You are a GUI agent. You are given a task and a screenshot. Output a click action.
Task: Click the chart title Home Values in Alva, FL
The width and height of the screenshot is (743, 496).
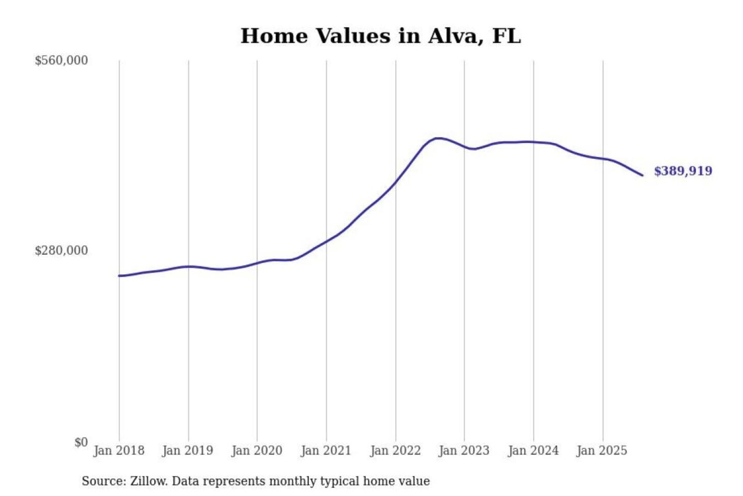(381, 36)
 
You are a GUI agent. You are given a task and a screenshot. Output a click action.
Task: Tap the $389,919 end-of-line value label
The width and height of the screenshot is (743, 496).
(683, 171)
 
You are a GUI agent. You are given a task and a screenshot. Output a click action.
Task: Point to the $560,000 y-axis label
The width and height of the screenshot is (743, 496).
(61, 60)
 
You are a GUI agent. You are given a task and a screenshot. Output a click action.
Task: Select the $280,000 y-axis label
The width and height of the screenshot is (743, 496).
(61, 251)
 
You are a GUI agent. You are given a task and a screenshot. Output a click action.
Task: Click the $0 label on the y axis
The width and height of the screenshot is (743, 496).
(81, 442)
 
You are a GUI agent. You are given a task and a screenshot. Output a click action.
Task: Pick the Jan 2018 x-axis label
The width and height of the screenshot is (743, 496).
(119, 451)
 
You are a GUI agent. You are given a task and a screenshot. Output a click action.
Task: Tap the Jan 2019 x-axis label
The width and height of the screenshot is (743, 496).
(187, 451)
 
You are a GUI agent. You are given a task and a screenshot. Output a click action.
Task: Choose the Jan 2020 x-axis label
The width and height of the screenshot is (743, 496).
(256, 451)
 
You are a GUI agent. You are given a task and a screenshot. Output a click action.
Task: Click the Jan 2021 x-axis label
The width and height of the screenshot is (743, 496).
(326, 451)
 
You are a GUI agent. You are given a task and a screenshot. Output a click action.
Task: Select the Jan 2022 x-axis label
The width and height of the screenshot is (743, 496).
(395, 451)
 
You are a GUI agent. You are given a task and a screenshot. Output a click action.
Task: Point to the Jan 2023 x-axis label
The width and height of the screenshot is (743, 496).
(464, 451)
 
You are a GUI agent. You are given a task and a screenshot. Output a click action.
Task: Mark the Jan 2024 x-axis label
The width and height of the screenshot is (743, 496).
(533, 451)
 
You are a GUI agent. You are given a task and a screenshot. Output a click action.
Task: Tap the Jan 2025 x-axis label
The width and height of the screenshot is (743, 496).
(602, 451)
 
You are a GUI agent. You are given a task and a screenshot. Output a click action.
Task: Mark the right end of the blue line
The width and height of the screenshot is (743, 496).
(642, 175)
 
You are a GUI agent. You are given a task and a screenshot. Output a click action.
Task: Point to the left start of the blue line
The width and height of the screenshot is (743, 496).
(119, 276)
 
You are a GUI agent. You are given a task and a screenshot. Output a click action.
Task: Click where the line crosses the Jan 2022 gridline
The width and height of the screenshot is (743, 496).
(396, 182)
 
